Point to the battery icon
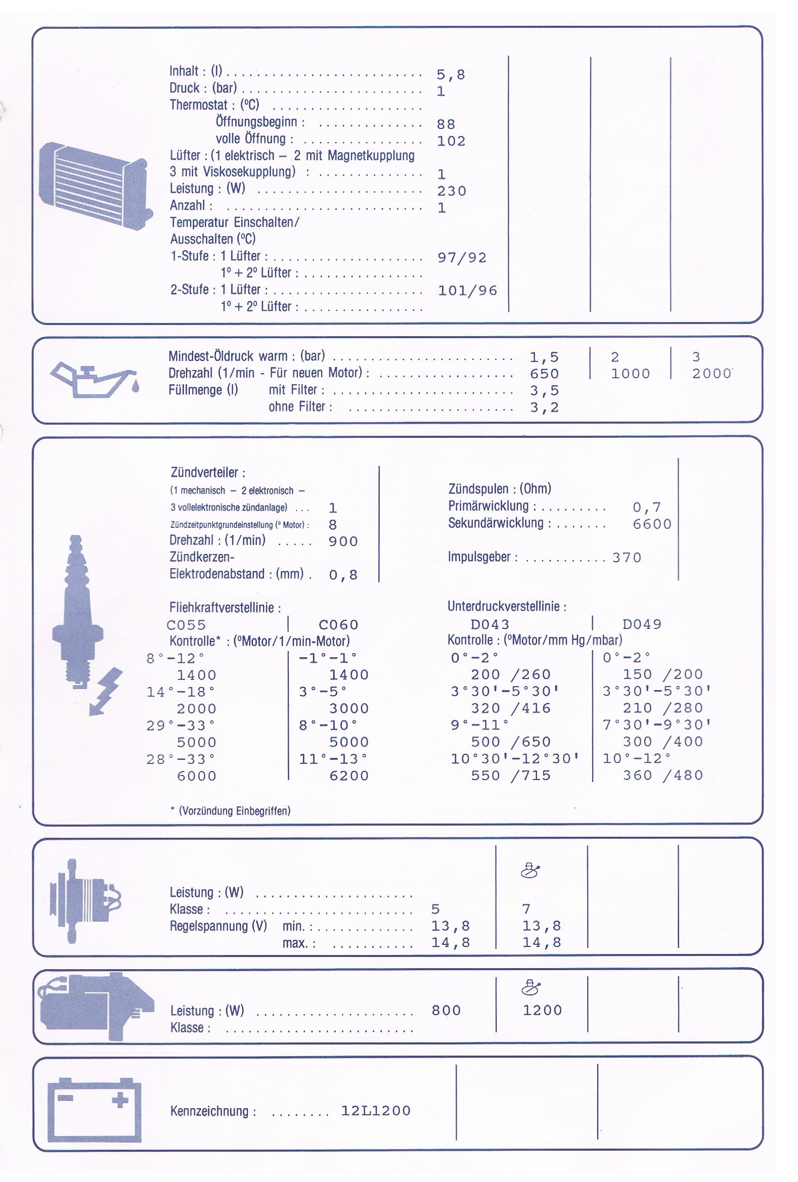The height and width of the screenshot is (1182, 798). pos(94,1110)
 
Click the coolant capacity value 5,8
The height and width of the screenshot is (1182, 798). pos(450,75)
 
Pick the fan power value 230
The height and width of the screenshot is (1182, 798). pos(451,191)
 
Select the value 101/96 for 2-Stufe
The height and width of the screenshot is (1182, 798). pos(467,291)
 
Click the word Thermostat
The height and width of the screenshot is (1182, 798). pos(198,105)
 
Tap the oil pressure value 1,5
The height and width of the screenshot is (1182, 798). pos(544,357)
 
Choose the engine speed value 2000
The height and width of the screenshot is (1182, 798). pos(711,374)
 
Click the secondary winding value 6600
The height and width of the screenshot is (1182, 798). pos(651,524)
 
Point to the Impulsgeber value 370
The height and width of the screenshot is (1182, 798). pos(626,558)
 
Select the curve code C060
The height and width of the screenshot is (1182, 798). pos(338,624)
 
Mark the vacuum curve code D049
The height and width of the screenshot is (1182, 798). pos(641,624)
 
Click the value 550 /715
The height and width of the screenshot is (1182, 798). pos(510,776)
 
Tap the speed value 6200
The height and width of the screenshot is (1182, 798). pos(348,776)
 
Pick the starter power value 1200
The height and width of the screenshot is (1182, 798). pos(542,1011)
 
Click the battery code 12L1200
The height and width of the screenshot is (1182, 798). pos(375,1111)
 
